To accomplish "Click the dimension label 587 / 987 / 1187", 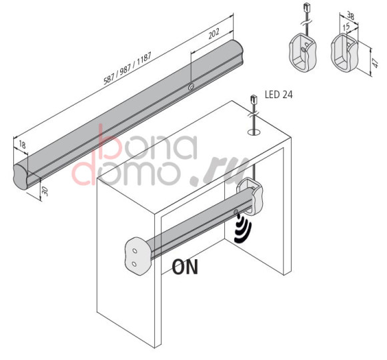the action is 127,69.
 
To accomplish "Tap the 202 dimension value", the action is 214,33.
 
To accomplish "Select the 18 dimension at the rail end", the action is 22,144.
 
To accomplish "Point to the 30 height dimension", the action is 45,191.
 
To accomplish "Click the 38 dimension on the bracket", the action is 350,15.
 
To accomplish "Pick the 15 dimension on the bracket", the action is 346,27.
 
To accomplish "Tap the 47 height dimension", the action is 376,63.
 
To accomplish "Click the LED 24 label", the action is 279,95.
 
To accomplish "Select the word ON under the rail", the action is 185,267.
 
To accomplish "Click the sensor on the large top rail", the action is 191,87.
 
